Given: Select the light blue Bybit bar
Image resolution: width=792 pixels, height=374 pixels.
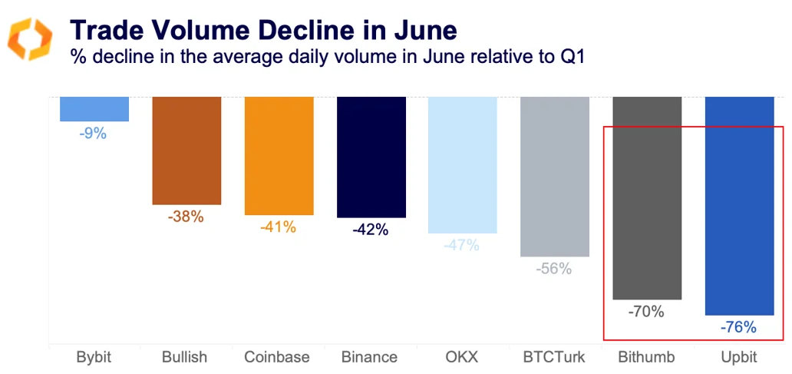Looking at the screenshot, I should tap(94, 109).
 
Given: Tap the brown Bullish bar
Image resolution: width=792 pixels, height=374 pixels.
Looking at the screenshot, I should tap(186, 151).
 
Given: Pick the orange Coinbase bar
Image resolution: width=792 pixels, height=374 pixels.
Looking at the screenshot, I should tap(279, 156).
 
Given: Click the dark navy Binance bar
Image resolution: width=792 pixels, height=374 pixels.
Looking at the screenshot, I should tap(371, 157).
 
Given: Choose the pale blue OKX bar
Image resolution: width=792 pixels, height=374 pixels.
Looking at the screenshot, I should tap(463, 164).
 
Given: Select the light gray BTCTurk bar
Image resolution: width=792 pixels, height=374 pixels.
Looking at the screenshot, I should tap(555, 176).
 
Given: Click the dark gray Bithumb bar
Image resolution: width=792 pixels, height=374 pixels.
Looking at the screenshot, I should tap(647, 197).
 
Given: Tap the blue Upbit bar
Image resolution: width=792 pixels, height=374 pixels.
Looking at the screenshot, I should tap(739, 205).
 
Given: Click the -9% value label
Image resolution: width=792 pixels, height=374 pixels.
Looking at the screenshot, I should tap(93, 134).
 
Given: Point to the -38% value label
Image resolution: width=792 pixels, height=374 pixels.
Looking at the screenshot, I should tap(186, 217).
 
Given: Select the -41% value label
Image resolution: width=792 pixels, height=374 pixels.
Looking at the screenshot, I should tap(278, 227).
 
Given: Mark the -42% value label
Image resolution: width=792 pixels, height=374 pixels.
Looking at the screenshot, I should tap(371, 230).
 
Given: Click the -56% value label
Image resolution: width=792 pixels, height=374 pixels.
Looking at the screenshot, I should tap(554, 269).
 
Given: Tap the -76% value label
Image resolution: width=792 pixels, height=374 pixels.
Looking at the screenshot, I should tap(738, 327).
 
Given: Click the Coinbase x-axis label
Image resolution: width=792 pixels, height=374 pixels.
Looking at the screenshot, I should tap(277, 357).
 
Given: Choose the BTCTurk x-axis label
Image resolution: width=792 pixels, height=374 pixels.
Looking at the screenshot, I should tap(554, 357).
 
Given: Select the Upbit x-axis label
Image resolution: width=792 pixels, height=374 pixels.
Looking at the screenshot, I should tap(738, 357).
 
